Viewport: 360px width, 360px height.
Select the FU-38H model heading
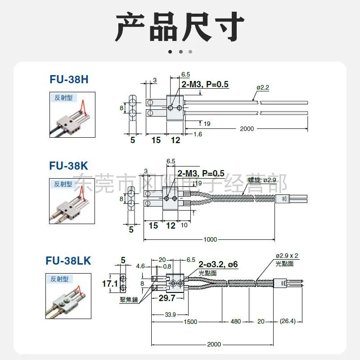point(69,80)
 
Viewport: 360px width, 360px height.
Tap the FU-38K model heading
point(69,166)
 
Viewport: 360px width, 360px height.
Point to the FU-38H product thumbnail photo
point(72,115)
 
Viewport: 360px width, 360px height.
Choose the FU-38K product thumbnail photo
point(72,201)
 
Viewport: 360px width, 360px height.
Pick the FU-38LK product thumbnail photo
point(70,296)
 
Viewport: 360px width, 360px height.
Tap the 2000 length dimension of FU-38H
point(247,129)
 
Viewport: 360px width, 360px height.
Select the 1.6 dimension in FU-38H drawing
point(198,134)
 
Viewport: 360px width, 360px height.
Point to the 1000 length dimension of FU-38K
point(210,239)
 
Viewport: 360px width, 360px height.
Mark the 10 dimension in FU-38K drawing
point(184,225)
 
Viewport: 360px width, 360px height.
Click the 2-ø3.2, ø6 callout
point(218,265)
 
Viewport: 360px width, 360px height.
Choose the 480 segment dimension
point(236,321)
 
